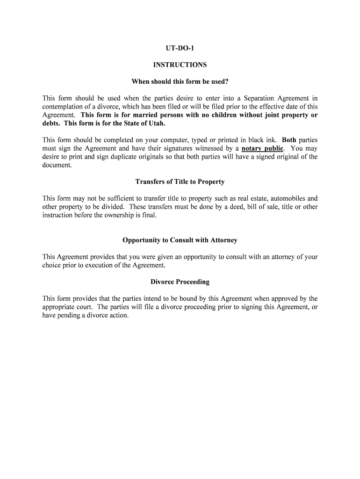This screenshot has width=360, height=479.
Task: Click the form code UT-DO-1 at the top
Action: coord(180,49)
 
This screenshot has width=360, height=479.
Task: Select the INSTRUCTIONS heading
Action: coord(180,65)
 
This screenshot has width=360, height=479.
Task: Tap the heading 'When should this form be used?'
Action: coord(180,81)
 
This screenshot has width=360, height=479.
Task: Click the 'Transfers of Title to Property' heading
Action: coord(180,181)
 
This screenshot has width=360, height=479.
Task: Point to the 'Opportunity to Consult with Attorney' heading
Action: coord(180,240)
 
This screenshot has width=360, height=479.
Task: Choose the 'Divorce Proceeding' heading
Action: coord(180,282)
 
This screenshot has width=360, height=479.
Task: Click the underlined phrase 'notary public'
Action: coord(262,149)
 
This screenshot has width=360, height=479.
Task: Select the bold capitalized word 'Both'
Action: coord(289,140)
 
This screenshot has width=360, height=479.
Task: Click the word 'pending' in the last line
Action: coord(69,315)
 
